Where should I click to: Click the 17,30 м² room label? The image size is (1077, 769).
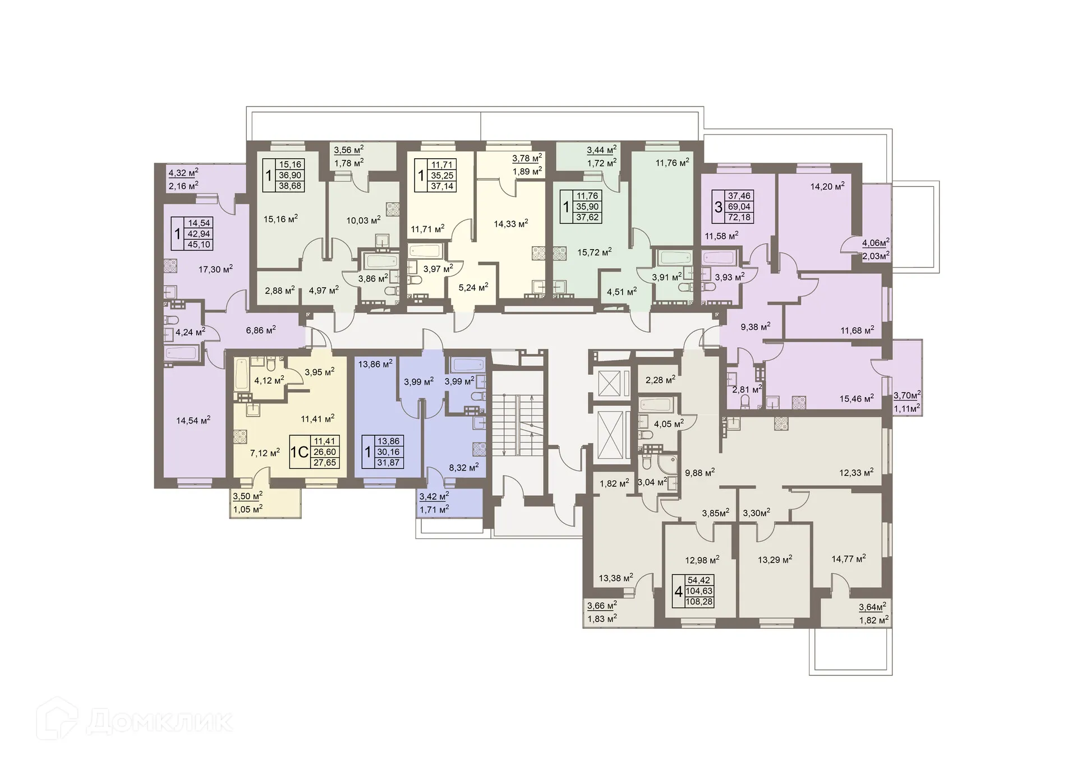pyautogui.click(x=215, y=269)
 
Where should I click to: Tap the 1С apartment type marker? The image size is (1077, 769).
pyautogui.click(x=300, y=452)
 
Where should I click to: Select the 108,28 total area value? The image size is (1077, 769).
pyautogui.click(x=699, y=602)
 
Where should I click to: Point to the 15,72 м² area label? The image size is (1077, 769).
pyautogui.click(x=594, y=252)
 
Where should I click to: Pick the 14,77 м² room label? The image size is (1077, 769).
pyautogui.click(x=848, y=558)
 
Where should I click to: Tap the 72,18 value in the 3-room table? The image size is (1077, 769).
pyautogui.click(x=739, y=218)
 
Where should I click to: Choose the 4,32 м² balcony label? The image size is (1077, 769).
pyautogui.click(x=183, y=173)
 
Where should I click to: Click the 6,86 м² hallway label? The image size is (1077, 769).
pyautogui.click(x=261, y=330)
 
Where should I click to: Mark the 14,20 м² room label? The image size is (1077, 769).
pyautogui.click(x=827, y=186)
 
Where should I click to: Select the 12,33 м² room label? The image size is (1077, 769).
pyautogui.click(x=856, y=472)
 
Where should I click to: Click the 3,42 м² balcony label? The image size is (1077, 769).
pyautogui.click(x=434, y=496)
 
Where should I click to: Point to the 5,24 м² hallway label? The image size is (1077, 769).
pyautogui.click(x=473, y=287)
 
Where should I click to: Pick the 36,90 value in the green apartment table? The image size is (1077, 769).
pyautogui.click(x=290, y=175)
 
